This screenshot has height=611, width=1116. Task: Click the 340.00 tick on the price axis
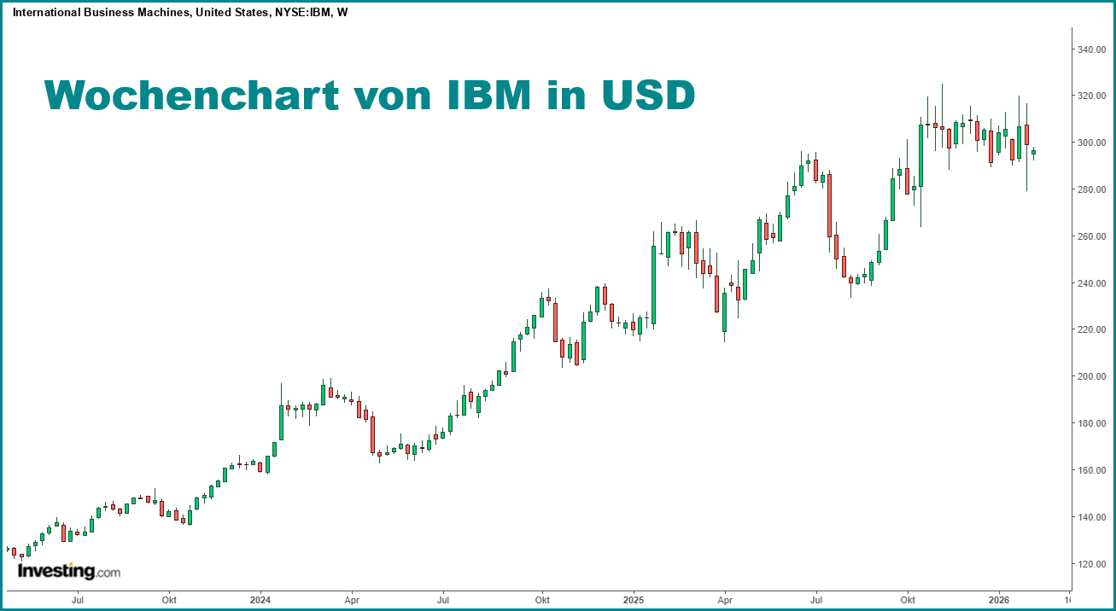point(1092,49)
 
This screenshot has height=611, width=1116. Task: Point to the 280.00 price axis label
point(1092,189)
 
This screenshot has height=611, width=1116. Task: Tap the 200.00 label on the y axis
point(1092,376)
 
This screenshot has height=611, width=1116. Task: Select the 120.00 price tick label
point(1092,564)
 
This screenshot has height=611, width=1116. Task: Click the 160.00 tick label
point(1092,470)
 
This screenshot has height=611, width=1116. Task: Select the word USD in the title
point(648,96)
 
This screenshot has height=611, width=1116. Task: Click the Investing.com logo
point(69,571)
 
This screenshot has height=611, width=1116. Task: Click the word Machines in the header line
point(155,13)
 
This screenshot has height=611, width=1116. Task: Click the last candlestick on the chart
point(1033,153)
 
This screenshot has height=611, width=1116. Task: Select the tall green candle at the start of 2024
point(281,422)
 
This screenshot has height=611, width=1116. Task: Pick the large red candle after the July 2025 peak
point(829,205)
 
